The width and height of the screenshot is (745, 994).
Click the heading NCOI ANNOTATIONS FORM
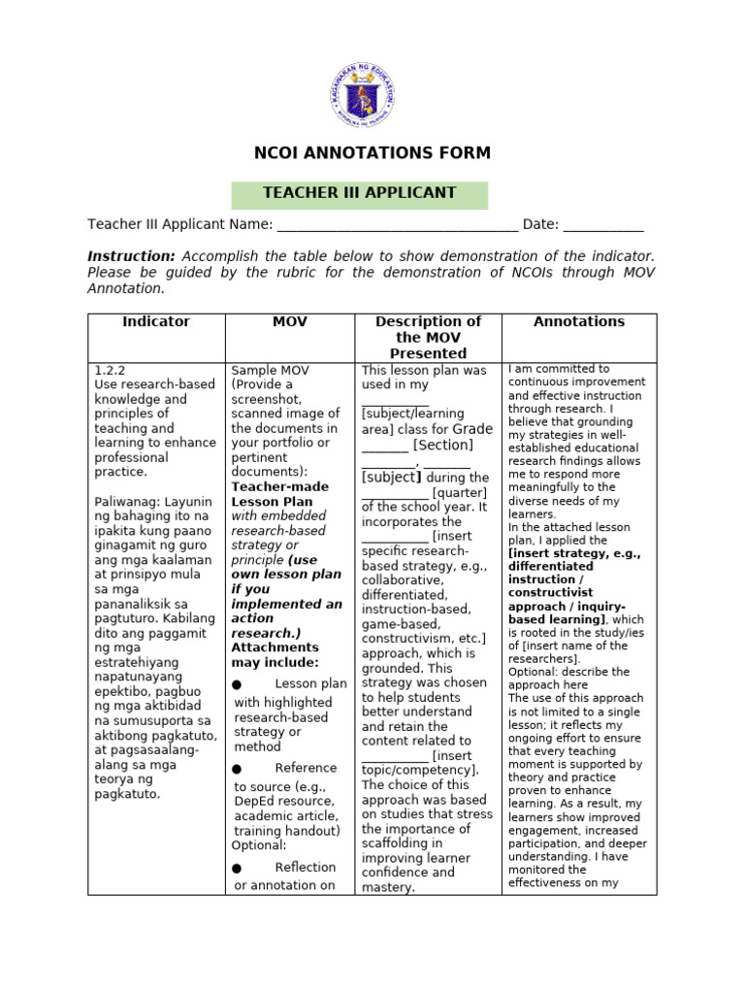click(x=372, y=153)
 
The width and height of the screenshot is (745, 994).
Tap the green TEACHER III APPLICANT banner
click(x=359, y=193)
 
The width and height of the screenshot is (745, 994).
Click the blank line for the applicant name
click(x=397, y=225)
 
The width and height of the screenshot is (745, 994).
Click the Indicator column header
click(x=156, y=322)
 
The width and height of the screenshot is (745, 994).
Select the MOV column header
click(x=290, y=322)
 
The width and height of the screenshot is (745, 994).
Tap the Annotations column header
click(x=579, y=322)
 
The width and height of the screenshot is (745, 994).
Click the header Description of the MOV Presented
click(x=428, y=337)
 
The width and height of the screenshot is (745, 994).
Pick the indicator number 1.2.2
click(x=111, y=370)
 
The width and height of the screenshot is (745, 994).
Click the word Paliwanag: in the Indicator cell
click(x=126, y=501)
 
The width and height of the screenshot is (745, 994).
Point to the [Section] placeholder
click(x=443, y=446)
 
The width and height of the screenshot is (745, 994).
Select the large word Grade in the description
click(x=473, y=428)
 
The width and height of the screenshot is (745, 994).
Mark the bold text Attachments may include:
click(x=275, y=654)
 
